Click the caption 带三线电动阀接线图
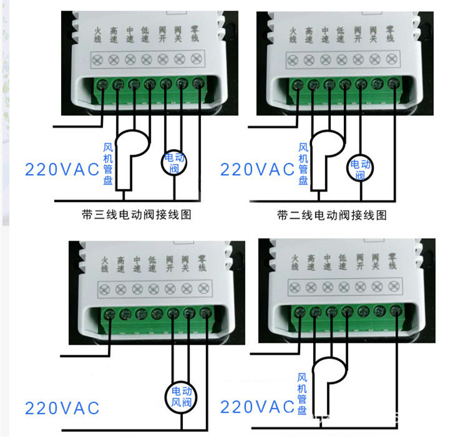135,215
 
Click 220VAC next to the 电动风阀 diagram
62,408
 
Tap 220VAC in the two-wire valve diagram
258,169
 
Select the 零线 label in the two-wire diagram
391,34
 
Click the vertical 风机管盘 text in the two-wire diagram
303,163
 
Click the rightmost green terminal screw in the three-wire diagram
198,84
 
